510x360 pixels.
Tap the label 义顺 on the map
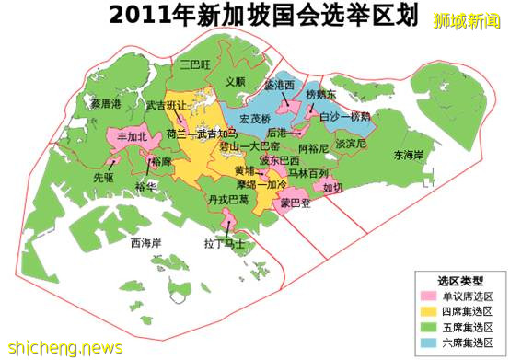pos(236,82)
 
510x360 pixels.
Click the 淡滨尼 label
pos(351,145)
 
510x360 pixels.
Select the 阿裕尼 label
pos(314,147)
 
